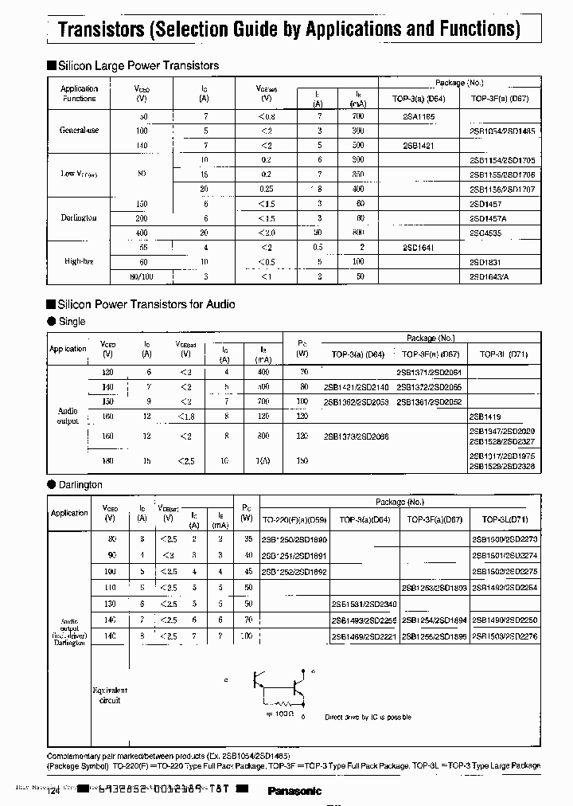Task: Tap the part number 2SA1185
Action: click(419, 116)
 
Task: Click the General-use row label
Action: click(79, 130)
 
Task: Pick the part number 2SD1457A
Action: click(489, 218)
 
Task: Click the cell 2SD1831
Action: click(486, 262)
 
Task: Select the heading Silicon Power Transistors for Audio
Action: click(146, 304)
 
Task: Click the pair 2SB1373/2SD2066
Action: click(356, 436)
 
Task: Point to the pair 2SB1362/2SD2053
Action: click(356, 401)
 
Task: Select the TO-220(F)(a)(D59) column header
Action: click(294, 519)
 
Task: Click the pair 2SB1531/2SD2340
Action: click(364, 604)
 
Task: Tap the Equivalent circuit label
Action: click(110, 695)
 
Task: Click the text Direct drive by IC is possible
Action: click(368, 717)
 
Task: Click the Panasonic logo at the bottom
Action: click(294, 791)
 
